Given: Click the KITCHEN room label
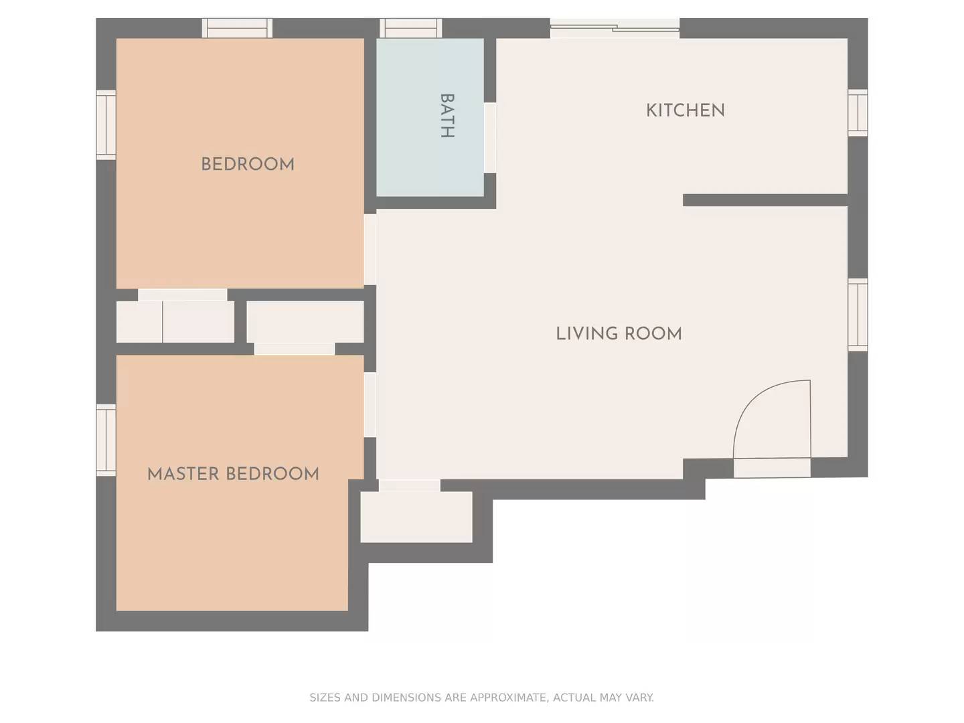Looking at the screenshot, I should pos(685,110).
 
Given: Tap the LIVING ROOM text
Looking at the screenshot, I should pos(619,333).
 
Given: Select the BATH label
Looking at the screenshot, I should pos(447,116).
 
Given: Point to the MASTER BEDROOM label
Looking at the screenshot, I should pos(233,474).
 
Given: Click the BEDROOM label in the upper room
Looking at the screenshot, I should pos(248,164).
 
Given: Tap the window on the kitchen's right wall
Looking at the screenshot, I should pos(858,112).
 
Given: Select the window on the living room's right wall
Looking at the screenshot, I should pos(858,315).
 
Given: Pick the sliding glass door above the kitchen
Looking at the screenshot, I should pos(615,27).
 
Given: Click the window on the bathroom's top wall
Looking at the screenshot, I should pos(411,28).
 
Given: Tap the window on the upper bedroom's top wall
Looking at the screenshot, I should pos(238,28).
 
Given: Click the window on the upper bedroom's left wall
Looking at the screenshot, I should pos(106,125).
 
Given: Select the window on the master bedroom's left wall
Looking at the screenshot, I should pos(106,440).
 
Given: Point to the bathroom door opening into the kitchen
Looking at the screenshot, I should pos(490,138).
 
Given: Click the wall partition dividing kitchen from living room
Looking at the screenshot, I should pos(765,200).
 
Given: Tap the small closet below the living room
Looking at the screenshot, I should pos(416,517).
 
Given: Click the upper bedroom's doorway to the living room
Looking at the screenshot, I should pos(370,249).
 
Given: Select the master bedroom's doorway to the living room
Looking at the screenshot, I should pos(370,404).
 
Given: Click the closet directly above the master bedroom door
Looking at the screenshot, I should pos(305,322).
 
